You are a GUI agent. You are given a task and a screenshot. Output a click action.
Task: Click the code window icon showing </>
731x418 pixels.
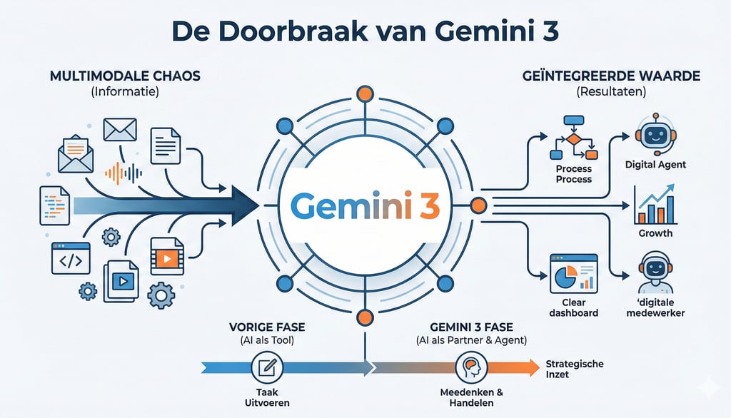[x=70, y=258]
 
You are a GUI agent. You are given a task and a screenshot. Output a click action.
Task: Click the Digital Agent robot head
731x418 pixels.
[x=654, y=134]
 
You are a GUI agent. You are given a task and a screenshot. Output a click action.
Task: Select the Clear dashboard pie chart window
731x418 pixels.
[x=574, y=273]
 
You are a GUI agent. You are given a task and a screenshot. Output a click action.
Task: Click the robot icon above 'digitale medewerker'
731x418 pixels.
[x=654, y=273]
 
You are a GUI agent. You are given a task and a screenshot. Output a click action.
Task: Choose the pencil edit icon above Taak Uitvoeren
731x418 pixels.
[x=268, y=368]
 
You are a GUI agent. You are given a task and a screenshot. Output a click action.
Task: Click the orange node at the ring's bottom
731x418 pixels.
[x=365, y=317]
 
